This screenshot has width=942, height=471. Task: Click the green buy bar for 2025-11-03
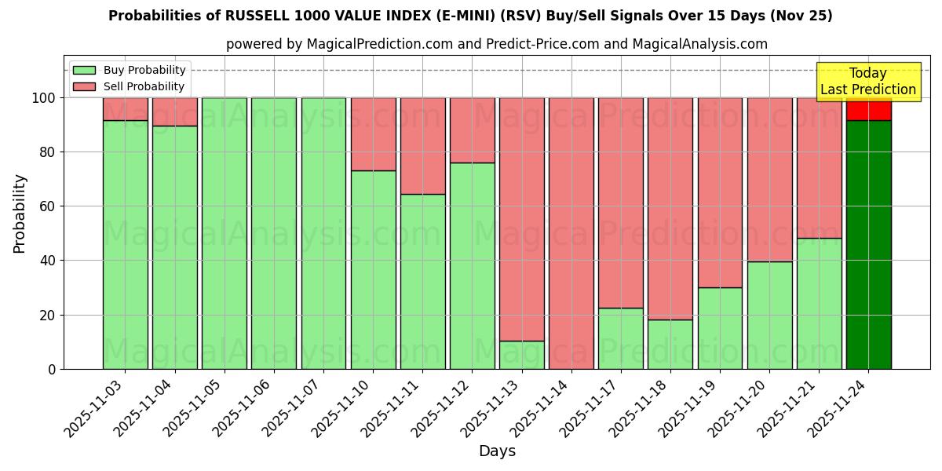tap(125, 244)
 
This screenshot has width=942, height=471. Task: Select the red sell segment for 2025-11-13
tap(521, 219)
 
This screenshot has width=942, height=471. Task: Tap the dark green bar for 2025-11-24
tap(868, 244)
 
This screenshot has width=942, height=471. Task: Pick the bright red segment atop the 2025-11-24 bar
tap(868, 110)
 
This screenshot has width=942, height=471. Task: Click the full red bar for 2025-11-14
tap(571, 233)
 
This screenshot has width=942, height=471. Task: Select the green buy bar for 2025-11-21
tap(819, 303)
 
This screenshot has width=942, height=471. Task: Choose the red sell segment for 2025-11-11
tap(422, 146)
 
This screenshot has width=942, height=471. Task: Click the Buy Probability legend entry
tap(130, 70)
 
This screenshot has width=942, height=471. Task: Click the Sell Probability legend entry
tap(130, 86)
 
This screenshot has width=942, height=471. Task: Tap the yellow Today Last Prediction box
tap(867, 82)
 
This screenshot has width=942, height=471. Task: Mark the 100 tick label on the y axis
tap(43, 98)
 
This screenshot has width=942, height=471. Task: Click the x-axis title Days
tap(497, 451)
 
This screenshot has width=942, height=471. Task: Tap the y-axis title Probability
tap(20, 213)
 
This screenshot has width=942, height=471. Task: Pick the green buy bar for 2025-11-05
tap(224, 233)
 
